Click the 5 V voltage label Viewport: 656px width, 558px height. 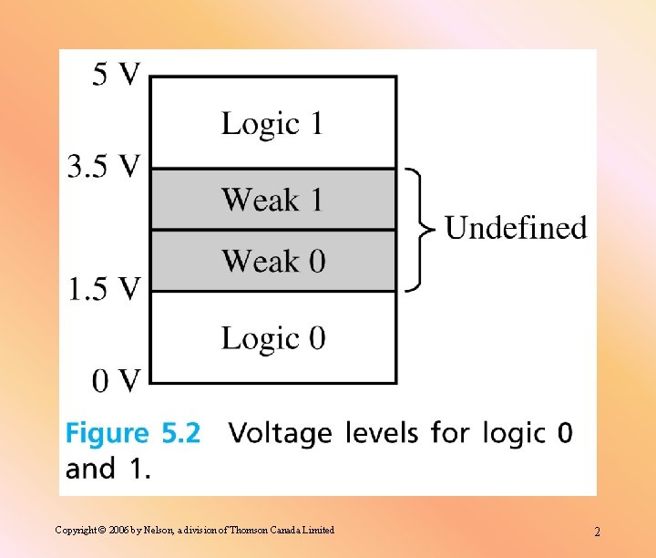click(116, 74)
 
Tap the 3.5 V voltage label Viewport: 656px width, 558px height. click(105, 166)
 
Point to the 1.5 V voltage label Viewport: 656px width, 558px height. click(105, 289)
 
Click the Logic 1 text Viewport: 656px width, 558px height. click(272, 123)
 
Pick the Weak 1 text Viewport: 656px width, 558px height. click(272, 200)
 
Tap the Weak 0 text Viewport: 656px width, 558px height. click(272, 262)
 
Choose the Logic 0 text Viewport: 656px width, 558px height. click(272, 338)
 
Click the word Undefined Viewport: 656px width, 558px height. click(516, 227)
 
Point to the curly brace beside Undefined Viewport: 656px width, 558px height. click(416, 229)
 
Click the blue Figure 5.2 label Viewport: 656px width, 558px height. click(133, 432)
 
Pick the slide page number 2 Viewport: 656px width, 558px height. click(597, 532)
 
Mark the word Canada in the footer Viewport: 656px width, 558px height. click(292, 530)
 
